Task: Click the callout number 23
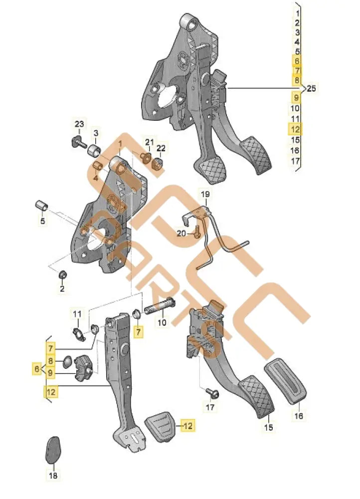pyautogui.click(x=80, y=123)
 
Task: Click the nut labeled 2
pyautogui.click(x=63, y=274)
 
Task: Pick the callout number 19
pyautogui.click(x=205, y=194)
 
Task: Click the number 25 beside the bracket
pyautogui.click(x=312, y=89)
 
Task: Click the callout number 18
pyautogui.click(x=52, y=477)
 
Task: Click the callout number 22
pyautogui.click(x=161, y=148)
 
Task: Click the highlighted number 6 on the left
pyautogui.click(x=36, y=369)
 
